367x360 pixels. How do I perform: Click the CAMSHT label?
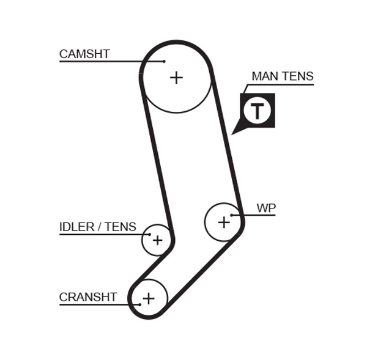point(84,54)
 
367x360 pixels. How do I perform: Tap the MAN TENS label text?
point(282,76)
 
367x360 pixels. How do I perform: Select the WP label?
point(266,208)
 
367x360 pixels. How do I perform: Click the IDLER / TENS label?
point(97,227)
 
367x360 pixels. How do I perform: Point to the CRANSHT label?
point(87,298)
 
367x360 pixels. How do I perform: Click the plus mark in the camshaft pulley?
point(176,78)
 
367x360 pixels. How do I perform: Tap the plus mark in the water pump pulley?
point(224,222)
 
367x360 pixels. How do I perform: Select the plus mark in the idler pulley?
point(157,240)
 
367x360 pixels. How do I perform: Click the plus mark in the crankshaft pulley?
point(148,299)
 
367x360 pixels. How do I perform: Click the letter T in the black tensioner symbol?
point(257,111)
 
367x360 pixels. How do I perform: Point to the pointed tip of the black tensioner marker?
point(233,133)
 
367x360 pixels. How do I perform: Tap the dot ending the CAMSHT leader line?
point(164,62)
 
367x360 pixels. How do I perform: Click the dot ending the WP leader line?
point(232,215)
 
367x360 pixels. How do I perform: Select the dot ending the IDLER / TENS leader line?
point(149,234)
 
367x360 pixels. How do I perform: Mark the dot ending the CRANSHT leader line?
point(139,304)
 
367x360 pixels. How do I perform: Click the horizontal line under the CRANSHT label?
point(98,304)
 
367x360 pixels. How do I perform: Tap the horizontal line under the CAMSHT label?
point(110,62)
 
